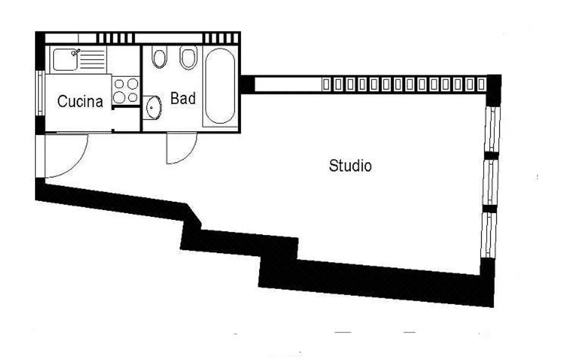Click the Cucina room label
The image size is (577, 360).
click(80, 101)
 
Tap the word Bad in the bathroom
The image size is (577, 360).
click(183, 98)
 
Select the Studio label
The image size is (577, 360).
click(350, 166)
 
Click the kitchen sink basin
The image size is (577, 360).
click(65, 60)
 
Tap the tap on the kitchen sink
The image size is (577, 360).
click(76, 52)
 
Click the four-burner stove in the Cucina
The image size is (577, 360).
click(126, 90)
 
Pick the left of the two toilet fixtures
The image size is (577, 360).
click(159, 57)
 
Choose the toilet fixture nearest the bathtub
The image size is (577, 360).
click(188, 57)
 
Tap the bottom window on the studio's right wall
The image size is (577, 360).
click(488, 235)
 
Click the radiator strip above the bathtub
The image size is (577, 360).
click(221, 38)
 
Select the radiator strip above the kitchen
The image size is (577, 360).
click(115, 38)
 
